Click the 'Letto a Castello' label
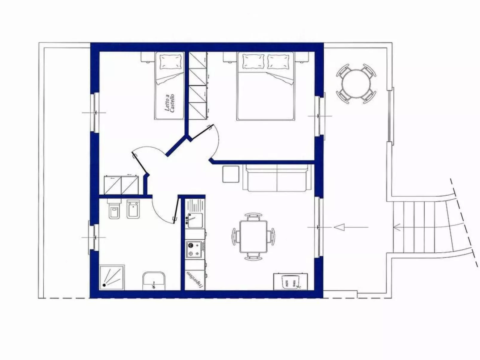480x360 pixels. tap(169, 103)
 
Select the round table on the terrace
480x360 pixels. tap(356, 84)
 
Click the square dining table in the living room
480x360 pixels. tap(253, 237)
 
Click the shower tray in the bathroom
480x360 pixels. tap(112, 278)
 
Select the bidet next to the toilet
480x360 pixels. tap(133, 209)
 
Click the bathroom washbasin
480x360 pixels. tap(154, 281)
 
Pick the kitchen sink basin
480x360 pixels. tap(195, 221)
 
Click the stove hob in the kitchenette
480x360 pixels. tap(194, 249)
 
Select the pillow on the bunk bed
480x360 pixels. tap(171, 61)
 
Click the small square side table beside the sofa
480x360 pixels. tap(231, 174)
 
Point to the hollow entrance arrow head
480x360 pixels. tap(339, 227)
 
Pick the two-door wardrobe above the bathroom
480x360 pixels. tap(121, 185)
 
